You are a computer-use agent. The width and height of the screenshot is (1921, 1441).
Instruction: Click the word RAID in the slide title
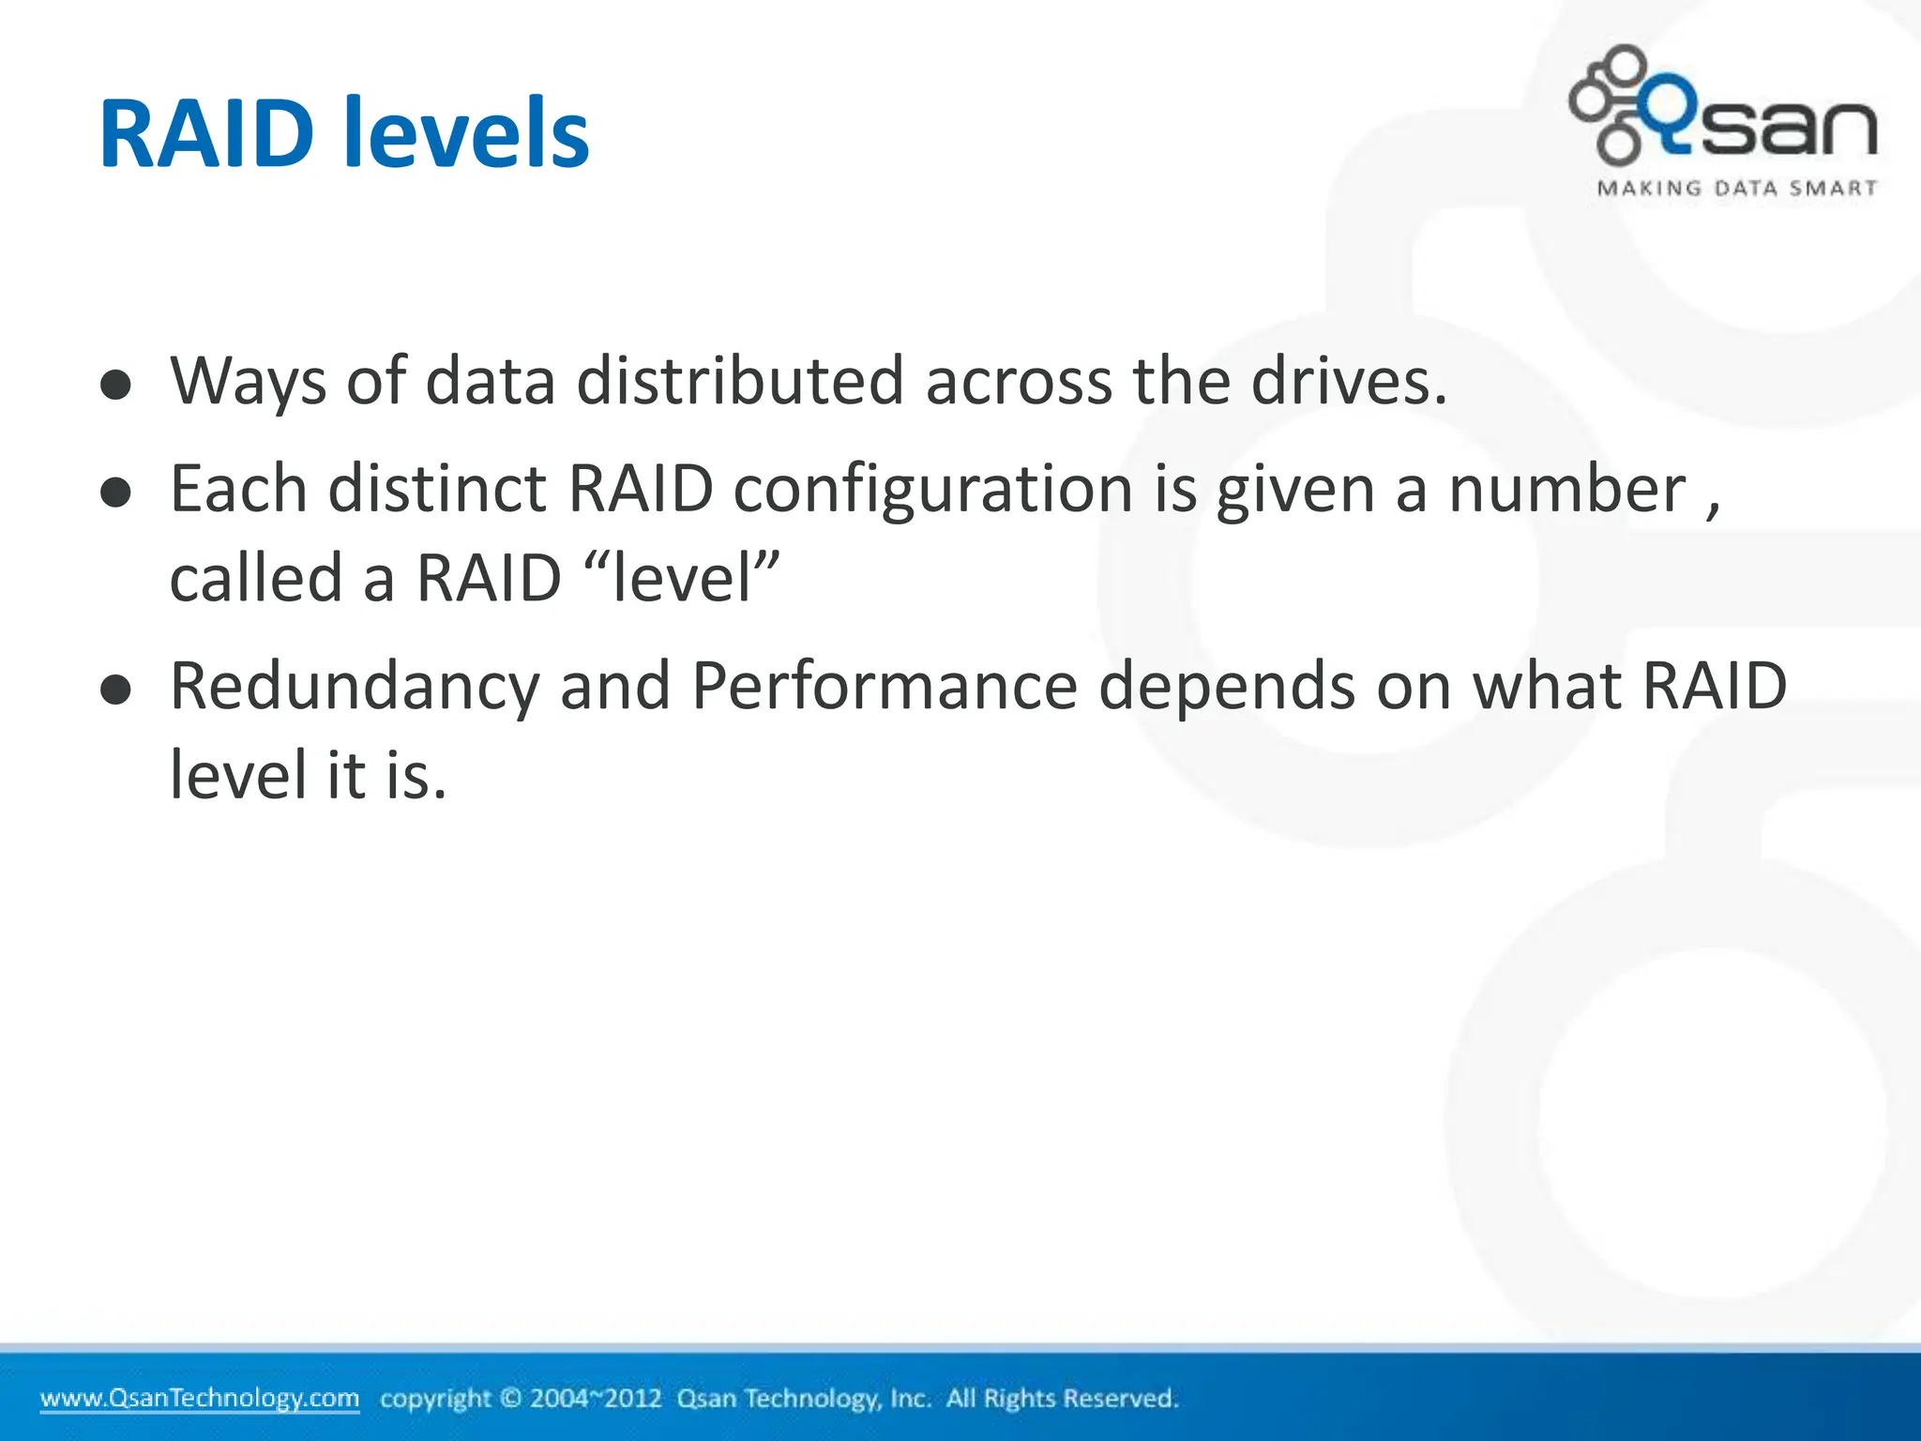pos(205,134)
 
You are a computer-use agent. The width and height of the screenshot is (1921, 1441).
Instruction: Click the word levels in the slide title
pos(466,134)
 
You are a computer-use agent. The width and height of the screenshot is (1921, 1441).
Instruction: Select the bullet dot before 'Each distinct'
pos(115,493)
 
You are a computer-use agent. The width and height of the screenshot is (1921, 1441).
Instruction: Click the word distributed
pos(740,382)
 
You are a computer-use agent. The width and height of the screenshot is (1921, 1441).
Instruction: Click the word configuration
pos(932,491)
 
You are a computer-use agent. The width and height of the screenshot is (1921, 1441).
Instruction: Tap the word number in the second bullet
pos(1566,491)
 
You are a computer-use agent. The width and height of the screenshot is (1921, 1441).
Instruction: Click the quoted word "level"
pos(682,578)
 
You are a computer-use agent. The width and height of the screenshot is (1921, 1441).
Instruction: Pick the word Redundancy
pos(355,687)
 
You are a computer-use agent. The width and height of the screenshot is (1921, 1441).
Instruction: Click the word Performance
pos(885,687)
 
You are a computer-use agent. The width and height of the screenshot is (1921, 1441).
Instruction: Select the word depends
pos(1227,687)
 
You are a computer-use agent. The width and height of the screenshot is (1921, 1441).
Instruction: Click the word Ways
pos(249,382)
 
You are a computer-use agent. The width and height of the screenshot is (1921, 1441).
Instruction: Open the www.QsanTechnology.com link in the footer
pos(200,1398)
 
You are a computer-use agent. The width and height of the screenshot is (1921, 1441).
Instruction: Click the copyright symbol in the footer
pos(510,1398)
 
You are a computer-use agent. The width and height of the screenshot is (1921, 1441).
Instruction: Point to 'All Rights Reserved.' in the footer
pos(1062,1398)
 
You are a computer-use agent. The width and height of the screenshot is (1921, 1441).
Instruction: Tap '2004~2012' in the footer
pos(596,1398)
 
